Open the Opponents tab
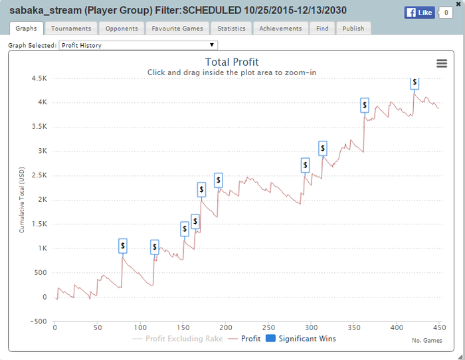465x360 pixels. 122,29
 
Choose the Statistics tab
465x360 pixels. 231,29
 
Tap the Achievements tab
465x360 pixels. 280,29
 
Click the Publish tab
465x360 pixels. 353,29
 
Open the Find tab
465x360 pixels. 322,29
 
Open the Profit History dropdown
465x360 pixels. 138,45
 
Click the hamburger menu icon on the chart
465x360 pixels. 442,63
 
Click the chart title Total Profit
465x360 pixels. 232,62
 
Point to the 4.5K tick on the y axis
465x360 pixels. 39,78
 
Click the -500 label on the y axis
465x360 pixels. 38,321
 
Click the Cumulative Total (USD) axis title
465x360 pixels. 21,199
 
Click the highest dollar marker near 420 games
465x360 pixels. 415,82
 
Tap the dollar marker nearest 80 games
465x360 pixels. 123,246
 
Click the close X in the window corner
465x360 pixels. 459,5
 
